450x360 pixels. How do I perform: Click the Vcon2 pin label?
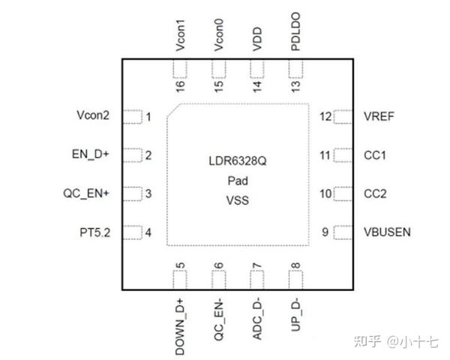[x=93, y=116]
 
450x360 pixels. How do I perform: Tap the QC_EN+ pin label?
[x=86, y=193]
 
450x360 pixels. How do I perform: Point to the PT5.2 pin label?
[x=94, y=232]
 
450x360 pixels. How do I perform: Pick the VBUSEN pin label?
[x=386, y=232]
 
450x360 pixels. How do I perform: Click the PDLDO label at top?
[x=295, y=33]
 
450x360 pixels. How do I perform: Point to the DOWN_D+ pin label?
[x=180, y=318]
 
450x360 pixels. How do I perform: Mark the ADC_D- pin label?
[x=257, y=315]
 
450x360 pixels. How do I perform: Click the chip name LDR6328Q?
[x=238, y=160]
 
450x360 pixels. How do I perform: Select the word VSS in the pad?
[x=238, y=201]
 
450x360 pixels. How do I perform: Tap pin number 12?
[x=325, y=116]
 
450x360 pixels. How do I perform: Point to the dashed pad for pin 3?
[x=132, y=193]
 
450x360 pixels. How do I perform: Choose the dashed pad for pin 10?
[x=343, y=193]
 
